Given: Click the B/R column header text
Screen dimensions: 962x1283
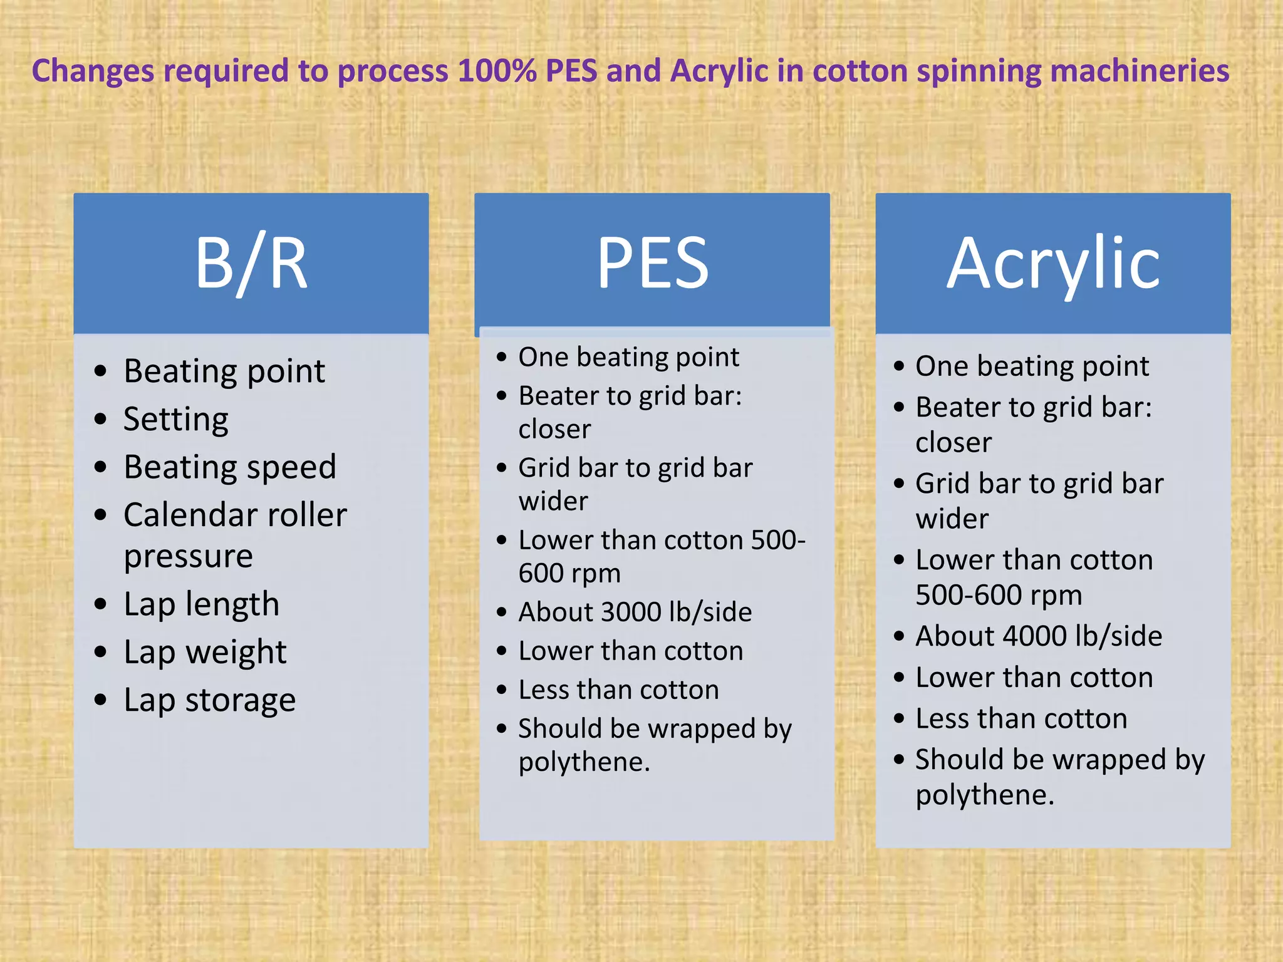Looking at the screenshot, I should coord(251,263).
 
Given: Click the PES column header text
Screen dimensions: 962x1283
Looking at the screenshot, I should coord(652,263).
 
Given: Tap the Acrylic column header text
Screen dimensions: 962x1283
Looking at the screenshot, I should coord(1053,263).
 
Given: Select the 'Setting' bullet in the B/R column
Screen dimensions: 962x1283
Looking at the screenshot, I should coord(176,419).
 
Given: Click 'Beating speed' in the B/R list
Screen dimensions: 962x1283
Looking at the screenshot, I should coord(230,467).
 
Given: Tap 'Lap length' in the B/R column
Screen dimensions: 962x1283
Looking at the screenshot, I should coord(201,604).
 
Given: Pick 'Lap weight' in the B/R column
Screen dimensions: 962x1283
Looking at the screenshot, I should coord(205,653).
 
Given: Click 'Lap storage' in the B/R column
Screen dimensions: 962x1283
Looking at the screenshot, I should coord(209,700).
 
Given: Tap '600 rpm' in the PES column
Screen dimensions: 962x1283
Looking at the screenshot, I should coord(569,574).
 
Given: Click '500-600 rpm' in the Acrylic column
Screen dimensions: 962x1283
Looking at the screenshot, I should coord(999,595).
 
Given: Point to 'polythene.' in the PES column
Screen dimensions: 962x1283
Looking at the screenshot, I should coord(584,762).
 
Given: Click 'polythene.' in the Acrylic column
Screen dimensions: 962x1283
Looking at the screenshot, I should coord(985,795).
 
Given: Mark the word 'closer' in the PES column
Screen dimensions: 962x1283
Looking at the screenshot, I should coord(554,430).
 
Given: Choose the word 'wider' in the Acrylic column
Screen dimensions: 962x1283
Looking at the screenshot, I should coord(952,519).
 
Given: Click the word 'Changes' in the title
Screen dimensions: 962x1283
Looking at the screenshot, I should coord(93,71).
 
